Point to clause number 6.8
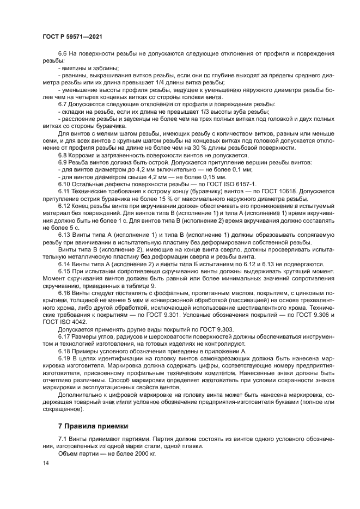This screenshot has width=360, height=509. click(62, 155)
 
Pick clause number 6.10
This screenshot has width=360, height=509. click(64, 184)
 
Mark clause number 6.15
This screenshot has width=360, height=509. click(64, 270)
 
